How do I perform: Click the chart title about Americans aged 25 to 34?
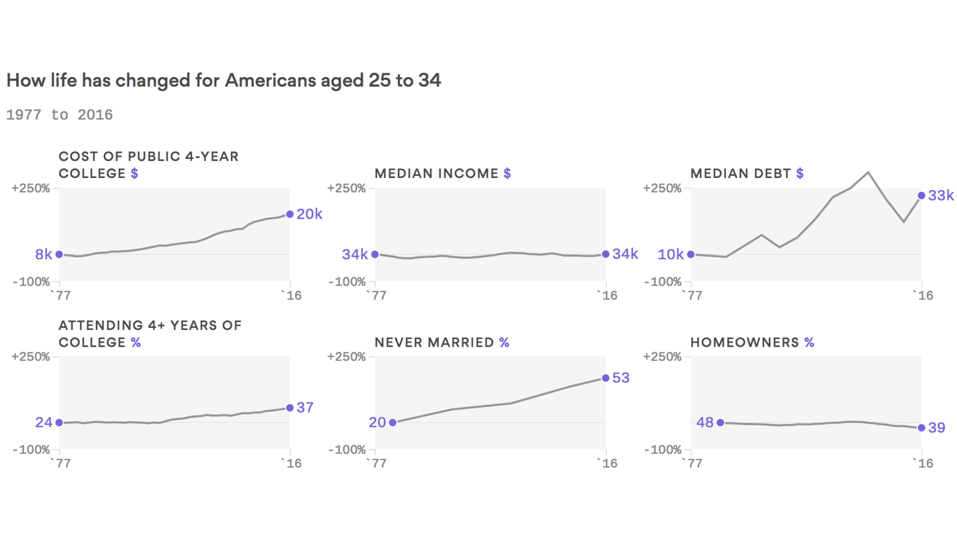(223, 81)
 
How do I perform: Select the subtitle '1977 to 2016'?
(60, 115)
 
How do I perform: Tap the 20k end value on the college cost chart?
(309, 214)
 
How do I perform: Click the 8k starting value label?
(43, 254)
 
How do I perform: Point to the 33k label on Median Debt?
(940, 196)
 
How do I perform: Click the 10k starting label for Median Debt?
(670, 254)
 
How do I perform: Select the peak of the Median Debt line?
(868, 172)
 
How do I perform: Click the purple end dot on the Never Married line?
(605, 378)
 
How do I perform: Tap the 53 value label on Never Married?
(621, 378)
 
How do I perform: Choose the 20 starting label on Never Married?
(377, 422)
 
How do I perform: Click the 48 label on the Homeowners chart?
(705, 422)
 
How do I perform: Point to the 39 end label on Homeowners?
(937, 428)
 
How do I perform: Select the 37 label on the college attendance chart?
(305, 408)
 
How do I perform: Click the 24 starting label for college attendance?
(43, 422)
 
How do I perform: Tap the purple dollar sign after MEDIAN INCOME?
(507, 174)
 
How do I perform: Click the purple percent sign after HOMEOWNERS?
(809, 343)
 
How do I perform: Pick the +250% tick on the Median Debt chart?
(661, 188)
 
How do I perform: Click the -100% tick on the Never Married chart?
(346, 450)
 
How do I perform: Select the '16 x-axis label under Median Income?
(606, 296)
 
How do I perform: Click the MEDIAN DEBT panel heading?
(741, 174)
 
